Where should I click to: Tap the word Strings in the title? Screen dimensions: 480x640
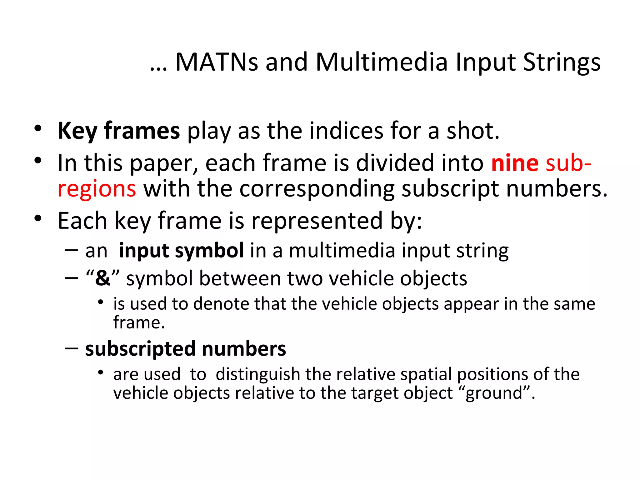[562, 62]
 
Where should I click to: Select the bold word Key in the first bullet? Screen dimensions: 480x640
[77, 131]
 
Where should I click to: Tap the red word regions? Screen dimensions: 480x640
[97, 189]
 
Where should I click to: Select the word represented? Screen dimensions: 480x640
[317, 221]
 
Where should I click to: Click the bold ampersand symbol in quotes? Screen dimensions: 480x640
[103, 278]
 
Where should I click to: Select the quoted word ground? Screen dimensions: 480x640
[494, 393]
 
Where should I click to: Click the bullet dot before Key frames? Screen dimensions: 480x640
[38, 128]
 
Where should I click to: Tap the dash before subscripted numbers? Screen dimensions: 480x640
[72, 348]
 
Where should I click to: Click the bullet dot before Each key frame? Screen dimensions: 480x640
[38, 218]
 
